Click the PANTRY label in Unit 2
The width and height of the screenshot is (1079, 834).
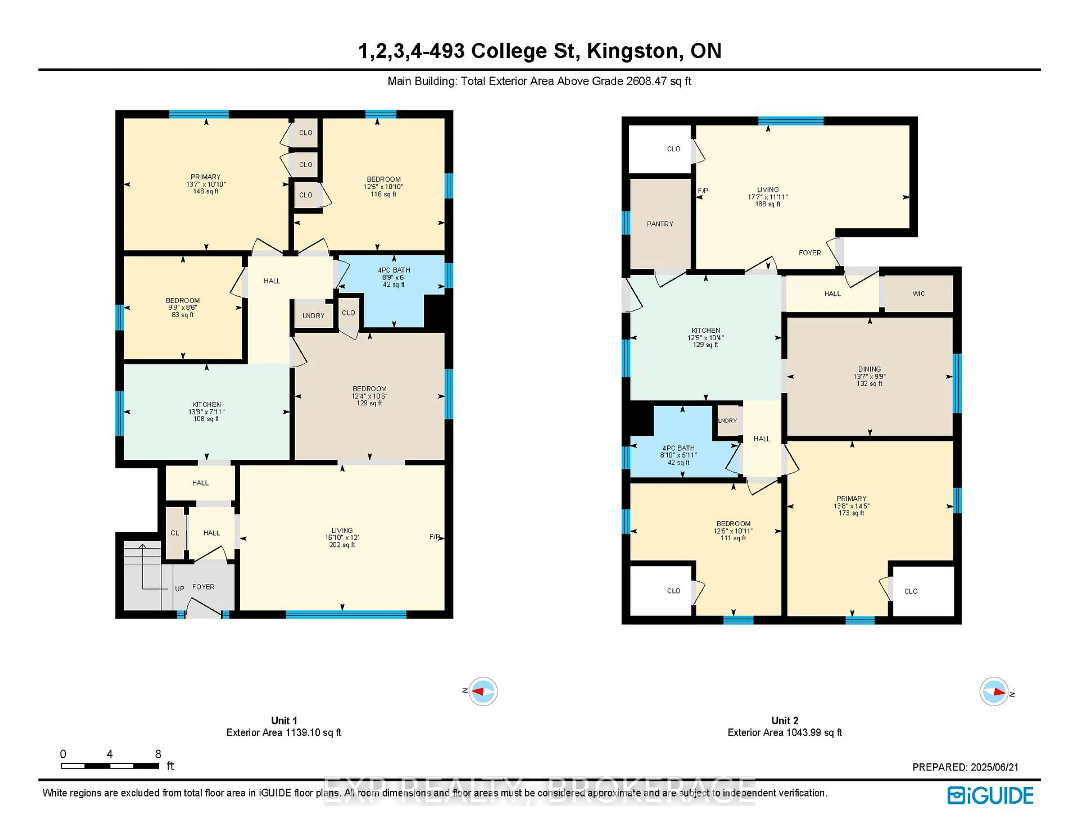point(659,224)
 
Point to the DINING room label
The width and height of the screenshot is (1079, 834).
point(869,369)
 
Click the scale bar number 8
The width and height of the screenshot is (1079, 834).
point(158,754)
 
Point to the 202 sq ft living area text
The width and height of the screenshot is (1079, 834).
point(342,545)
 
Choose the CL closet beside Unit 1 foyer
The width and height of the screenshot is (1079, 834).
point(175,532)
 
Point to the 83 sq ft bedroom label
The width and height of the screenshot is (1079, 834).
point(182,315)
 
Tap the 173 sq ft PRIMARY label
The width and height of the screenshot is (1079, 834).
point(851,513)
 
